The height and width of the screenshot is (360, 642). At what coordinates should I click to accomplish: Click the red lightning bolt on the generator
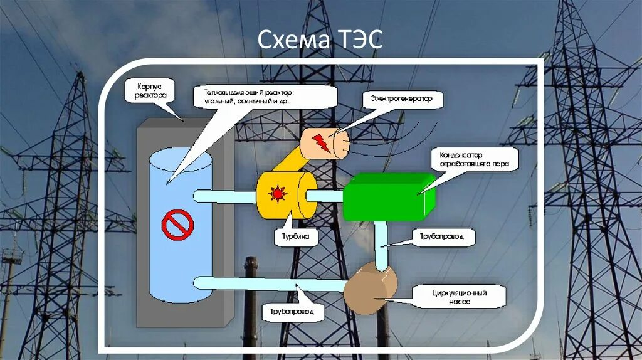(x=320, y=142)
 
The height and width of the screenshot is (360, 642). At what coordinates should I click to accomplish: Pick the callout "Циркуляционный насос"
(x=451, y=297)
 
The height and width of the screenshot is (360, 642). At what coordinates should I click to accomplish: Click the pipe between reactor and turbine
(x=224, y=196)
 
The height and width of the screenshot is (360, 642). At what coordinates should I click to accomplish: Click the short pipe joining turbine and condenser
(x=325, y=196)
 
